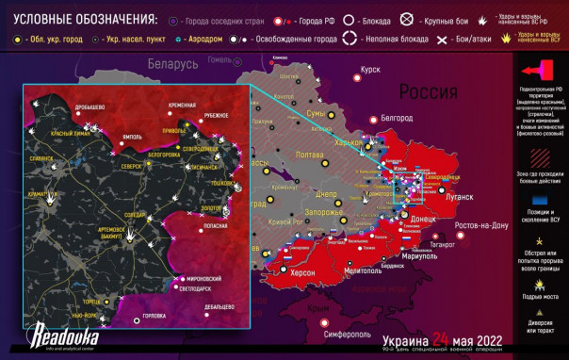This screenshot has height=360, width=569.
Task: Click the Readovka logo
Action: coord(59,334)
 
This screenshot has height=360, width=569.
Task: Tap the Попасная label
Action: coord(216,226)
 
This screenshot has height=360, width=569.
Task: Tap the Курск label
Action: coord(370,69)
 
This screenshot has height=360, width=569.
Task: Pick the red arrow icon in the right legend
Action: coord(542,69)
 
